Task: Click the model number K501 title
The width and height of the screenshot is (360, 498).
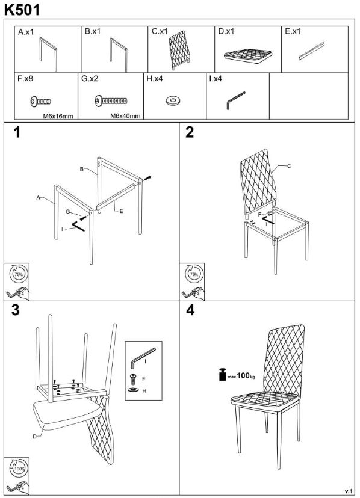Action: pos(22,10)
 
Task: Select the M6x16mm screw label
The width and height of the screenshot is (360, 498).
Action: pos(58,116)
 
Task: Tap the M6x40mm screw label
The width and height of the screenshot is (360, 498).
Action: pos(125,116)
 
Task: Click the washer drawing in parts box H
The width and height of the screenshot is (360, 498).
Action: pos(173,101)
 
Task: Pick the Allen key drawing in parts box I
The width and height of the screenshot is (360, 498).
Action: pos(235,100)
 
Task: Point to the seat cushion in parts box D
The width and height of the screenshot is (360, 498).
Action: pos(249,56)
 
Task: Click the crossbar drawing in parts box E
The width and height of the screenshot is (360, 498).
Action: pos(311,51)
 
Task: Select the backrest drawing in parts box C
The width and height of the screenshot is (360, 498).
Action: pos(180,49)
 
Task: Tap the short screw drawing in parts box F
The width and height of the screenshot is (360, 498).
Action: pos(40,102)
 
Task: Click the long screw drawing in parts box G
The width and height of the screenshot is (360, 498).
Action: pos(111,101)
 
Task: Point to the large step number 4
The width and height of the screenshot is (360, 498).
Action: pos(190,310)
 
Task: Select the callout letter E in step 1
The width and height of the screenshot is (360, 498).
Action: pos(121,211)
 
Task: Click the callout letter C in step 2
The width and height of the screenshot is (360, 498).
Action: pos(289,166)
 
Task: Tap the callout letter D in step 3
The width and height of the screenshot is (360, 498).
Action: pos(35,437)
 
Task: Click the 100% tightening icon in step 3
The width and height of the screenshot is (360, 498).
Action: pos(19,468)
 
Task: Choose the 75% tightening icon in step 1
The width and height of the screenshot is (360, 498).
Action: pos(19,274)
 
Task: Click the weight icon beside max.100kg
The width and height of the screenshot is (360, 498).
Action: pos(223,374)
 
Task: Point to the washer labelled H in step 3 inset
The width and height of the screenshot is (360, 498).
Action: pos(132,389)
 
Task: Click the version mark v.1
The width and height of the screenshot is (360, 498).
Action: pos(349,490)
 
